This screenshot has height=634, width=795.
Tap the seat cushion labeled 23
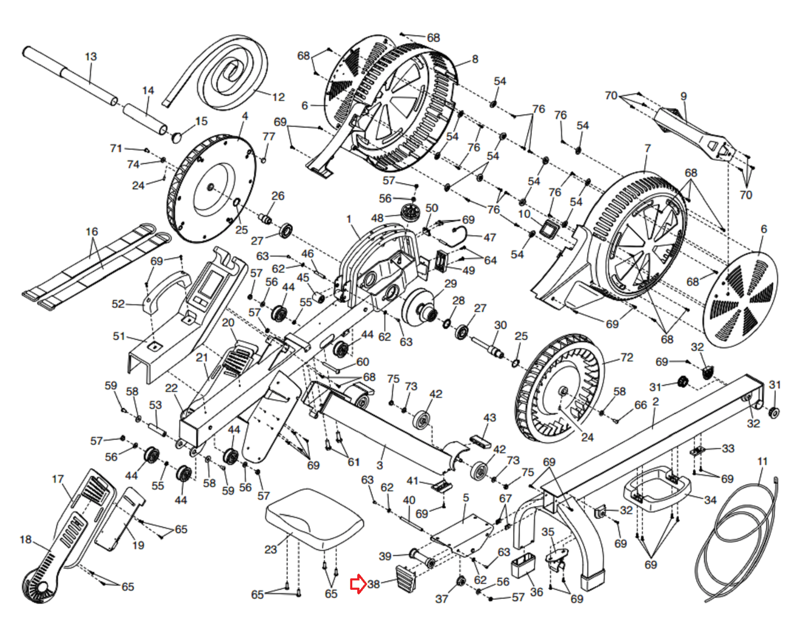click(x=314, y=517)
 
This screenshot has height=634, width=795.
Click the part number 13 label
click(x=91, y=57)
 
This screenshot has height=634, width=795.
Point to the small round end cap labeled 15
click(x=177, y=137)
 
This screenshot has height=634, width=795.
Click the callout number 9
click(x=684, y=96)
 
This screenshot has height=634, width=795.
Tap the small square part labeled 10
click(x=550, y=229)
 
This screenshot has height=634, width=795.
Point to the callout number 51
click(x=119, y=336)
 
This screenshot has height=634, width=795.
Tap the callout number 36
click(x=537, y=592)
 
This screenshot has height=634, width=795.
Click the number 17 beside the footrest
click(x=58, y=479)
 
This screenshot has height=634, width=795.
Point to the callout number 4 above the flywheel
click(x=244, y=116)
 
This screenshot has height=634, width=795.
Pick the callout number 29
click(x=451, y=284)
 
